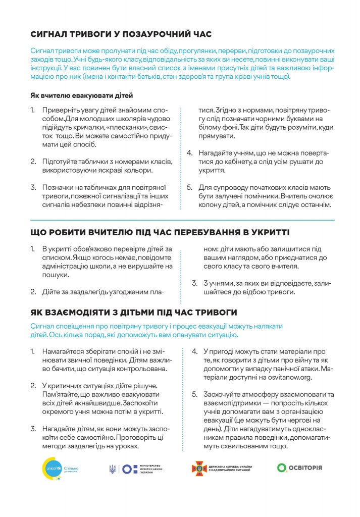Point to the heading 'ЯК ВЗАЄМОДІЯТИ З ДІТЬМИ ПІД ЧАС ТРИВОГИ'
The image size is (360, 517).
click(x=133, y=313)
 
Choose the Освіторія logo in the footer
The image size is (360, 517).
click(x=299, y=468)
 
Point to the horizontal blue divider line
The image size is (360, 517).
click(x=182, y=220)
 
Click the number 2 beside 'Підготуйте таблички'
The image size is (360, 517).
click(x=33, y=162)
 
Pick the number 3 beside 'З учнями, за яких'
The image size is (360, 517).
click(x=193, y=283)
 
